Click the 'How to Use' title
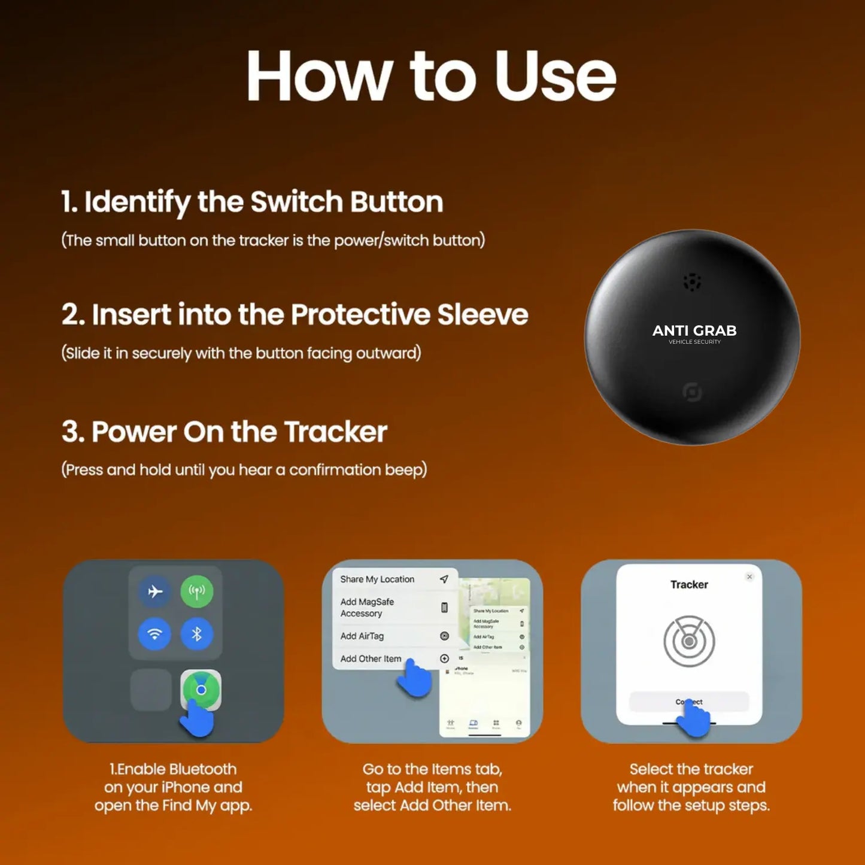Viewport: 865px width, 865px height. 431,76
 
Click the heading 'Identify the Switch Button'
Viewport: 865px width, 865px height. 252,202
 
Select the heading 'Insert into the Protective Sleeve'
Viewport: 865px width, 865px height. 295,315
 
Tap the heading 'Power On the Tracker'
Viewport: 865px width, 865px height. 224,432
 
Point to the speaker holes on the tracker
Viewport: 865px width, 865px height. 692,282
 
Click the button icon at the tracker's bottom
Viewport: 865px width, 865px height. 692,392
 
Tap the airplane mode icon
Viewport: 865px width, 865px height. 155,591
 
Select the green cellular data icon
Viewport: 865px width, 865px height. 197,591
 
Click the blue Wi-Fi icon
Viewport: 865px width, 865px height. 155,633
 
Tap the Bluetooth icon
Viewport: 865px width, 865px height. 197,633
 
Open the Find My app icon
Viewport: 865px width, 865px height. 201,690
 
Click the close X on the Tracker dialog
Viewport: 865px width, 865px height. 749,576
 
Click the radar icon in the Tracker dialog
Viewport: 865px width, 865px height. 689,641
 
